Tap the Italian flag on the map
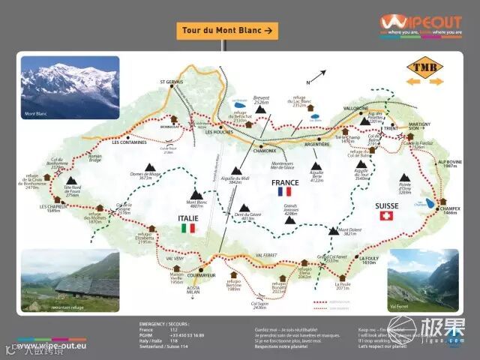click(x=187, y=228)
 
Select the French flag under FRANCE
click(x=285, y=192)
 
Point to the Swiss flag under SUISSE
click(x=387, y=216)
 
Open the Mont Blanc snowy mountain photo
click(x=70, y=88)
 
